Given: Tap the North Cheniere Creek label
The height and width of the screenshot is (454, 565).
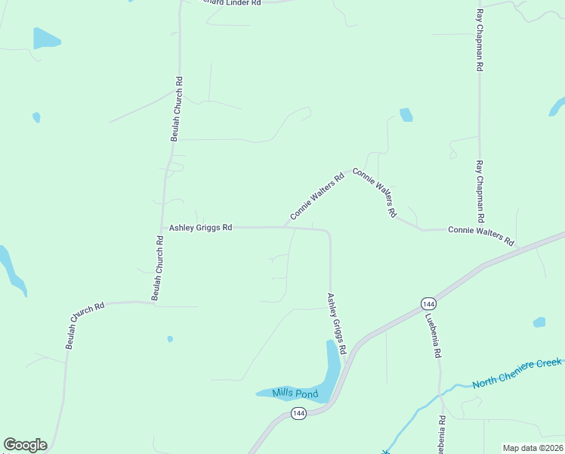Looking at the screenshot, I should pos(517,374).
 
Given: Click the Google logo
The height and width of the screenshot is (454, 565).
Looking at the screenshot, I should pos(25,445).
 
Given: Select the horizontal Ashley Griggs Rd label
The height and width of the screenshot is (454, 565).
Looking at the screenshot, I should pos(200,227).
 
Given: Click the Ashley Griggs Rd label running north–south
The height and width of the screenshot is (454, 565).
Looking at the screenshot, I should pos(336,324).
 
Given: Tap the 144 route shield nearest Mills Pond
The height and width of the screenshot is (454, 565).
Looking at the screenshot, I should pos(299,414).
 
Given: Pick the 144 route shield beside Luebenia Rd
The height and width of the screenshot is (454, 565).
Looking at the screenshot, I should pos(427,303).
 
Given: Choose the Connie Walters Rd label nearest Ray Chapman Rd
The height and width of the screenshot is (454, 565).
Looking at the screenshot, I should pos(481,235).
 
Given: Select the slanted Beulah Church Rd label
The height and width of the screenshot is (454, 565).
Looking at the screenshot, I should pos(85,325).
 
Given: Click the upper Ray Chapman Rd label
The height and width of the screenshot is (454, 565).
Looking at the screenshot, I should pos(479,41).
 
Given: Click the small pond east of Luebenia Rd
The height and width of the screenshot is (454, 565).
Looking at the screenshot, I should pos(539,322).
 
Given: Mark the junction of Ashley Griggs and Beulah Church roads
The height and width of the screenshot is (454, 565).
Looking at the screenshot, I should pos(162,227).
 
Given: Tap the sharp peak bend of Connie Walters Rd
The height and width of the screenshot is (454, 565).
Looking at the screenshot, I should pos(348,169).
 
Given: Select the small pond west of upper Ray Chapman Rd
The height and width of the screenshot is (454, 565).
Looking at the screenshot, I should pos(406,114).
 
